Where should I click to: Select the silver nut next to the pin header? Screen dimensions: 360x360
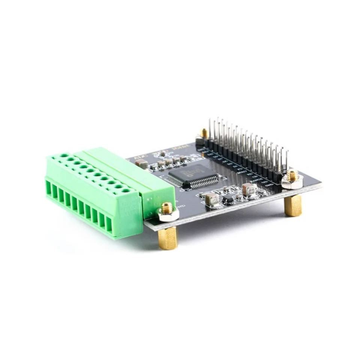[292, 181]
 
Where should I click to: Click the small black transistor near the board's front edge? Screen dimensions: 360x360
[228, 199]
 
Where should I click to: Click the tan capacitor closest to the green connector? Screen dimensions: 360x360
[141, 163]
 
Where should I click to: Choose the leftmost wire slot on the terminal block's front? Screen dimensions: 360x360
[48, 187]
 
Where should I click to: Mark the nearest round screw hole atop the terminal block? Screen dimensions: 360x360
[126, 190]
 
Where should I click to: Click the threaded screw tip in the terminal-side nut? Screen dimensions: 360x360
[167, 207]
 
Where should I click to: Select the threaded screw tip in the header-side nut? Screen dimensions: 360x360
[292, 174]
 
